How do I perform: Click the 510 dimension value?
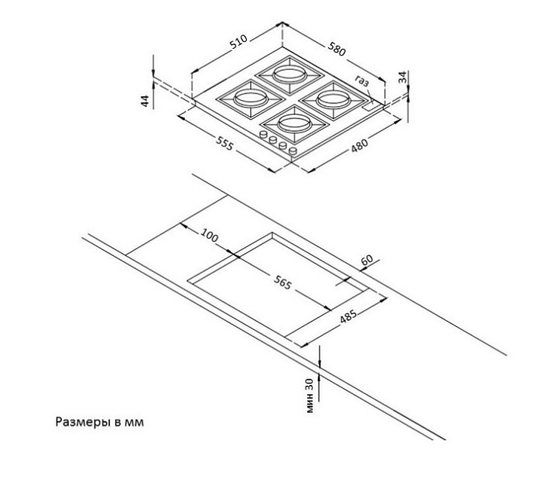[239, 42]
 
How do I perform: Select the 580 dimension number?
[336, 49]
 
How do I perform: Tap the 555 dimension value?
[225, 143]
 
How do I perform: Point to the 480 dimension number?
[360, 145]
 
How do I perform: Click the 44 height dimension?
[146, 101]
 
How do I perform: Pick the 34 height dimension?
[403, 77]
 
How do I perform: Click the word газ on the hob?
[362, 81]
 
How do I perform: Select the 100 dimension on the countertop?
[209, 235]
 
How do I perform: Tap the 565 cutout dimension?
[282, 282]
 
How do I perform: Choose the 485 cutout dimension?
[348, 316]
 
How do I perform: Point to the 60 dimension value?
[367, 260]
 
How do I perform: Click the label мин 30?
[309, 395]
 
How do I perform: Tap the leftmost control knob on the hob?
[264, 134]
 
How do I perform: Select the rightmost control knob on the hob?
[293, 150]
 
